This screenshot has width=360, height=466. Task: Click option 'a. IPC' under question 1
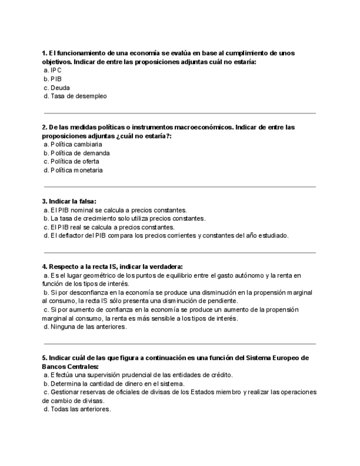(x=53, y=70)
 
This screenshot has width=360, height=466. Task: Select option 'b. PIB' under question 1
(x=53, y=79)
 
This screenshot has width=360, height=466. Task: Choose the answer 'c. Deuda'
(x=57, y=88)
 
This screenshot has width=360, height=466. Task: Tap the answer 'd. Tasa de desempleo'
(x=75, y=96)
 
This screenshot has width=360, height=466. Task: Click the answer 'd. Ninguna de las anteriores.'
(x=85, y=327)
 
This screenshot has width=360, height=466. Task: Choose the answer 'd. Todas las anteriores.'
(x=77, y=409)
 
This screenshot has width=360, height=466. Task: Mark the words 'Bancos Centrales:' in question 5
(x=70, y=367)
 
